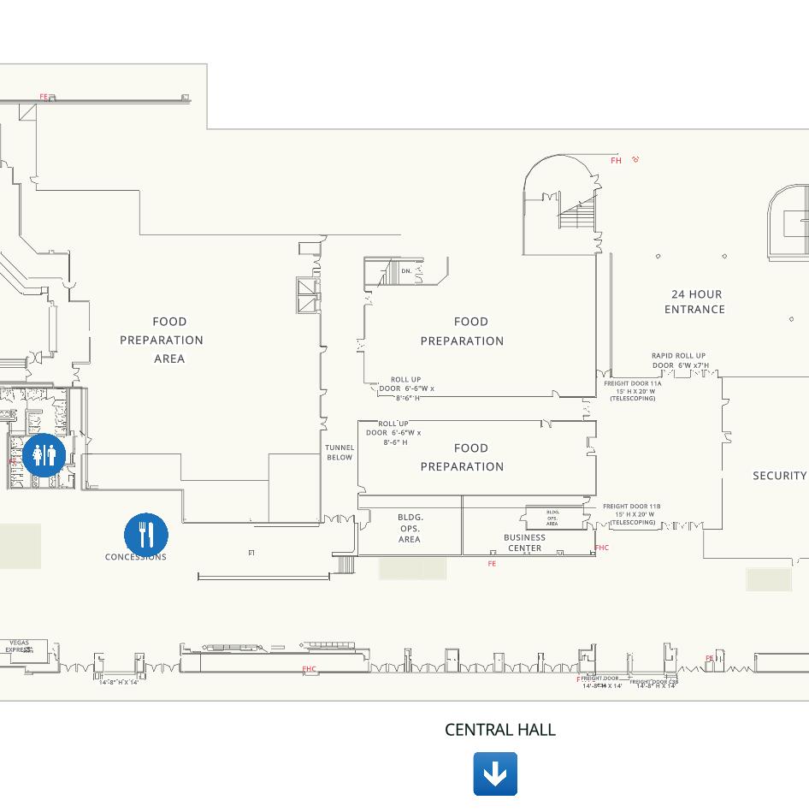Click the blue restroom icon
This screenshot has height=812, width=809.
44,455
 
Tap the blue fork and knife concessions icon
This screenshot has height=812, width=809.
146,535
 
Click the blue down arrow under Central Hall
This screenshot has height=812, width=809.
495,773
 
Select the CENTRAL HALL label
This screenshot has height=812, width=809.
500,730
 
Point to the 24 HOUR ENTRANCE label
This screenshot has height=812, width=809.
695,302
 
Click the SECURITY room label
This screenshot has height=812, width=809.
779,476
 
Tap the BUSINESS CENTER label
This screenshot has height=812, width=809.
524,542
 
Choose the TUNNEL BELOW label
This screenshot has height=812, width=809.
340,453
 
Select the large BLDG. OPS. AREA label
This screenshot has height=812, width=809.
410,528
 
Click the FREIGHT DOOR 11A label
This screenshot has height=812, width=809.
633,390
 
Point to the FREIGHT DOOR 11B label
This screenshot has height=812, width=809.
632,513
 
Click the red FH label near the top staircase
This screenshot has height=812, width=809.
616,161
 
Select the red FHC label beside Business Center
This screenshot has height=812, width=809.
602,548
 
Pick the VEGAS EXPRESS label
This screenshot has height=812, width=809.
19,646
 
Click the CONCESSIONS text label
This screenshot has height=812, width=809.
136,557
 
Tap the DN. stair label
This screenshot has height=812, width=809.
406,271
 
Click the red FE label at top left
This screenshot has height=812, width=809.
44,97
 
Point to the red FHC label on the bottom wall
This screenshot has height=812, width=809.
309,669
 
